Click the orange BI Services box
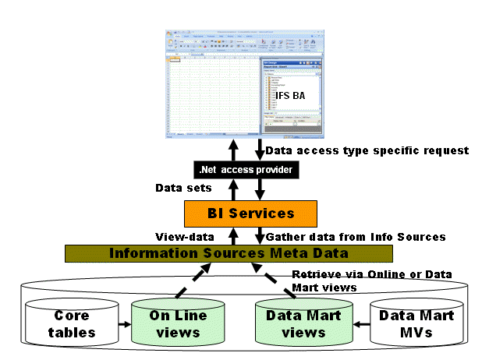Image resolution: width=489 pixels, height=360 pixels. point(239,213)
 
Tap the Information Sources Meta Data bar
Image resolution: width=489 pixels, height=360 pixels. point(229,253)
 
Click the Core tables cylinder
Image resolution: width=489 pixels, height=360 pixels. point(72,325)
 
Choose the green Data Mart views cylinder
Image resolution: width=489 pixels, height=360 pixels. point(296,325)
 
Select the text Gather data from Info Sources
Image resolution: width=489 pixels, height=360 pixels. point(356,235)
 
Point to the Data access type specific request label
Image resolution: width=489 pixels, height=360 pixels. point(367,150)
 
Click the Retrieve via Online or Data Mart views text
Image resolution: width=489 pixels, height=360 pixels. point(370,281)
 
